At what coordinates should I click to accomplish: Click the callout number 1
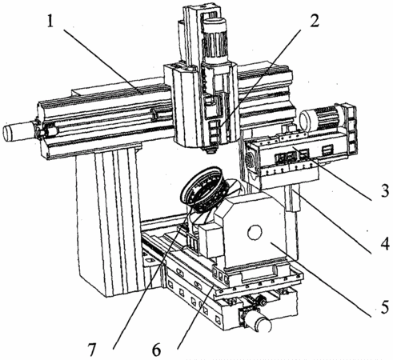click(x=50, y=21)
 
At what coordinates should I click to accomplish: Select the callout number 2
click(x=314, y=19)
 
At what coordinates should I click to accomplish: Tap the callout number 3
click(x=384, y=190)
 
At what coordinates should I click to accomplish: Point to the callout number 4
click(x=384, y=243)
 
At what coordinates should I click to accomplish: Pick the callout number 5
click(x=384, y=306)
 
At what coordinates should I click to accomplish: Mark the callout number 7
click(x=91, y=350)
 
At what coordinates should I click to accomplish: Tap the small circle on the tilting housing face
click(x=255, y=233)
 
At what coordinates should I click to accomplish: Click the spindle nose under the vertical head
click(x=211, y=150)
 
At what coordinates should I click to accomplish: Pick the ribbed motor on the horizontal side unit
click(x=322, y=118)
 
